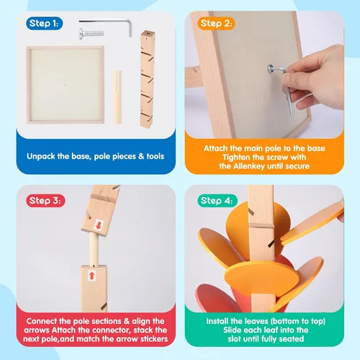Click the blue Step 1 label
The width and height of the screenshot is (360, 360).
[45, 23]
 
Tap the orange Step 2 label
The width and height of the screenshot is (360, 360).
[216, 23]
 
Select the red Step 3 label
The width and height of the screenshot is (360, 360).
[45, 200]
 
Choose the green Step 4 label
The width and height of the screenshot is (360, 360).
[217, 200]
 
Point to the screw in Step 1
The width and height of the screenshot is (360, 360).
[91, 34]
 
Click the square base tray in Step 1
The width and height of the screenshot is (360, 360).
[66, 85]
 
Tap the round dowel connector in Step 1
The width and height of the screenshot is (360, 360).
[117, 97]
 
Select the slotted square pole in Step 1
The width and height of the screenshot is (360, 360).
[147, 79]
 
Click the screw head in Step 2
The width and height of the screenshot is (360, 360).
[271, 68]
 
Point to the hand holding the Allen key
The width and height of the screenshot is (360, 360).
[315, 78]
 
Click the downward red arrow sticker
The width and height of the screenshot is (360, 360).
[99, 225]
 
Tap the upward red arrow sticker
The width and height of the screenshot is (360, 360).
[91, 276]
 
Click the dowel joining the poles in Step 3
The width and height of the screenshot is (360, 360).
[94, 249]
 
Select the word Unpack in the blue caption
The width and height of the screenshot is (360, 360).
[41, 156]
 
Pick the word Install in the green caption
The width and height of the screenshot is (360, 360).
[217, 321]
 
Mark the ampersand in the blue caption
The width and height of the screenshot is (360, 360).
[141, 156]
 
